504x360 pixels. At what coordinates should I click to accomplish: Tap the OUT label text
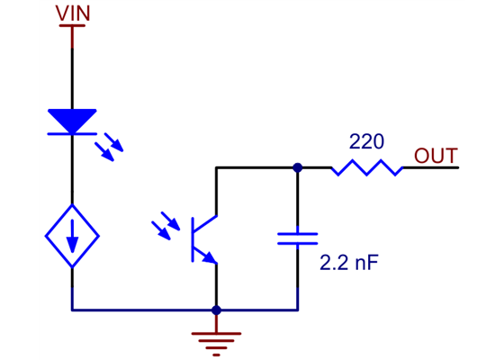[x=436, y=155]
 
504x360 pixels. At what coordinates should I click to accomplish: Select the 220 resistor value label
[x=366, y=142]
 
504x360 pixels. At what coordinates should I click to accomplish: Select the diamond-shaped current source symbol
[x=72, y=237]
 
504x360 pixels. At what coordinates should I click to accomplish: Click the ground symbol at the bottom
[x=216, y=340]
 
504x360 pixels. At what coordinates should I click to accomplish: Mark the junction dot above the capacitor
[x=297, y=167]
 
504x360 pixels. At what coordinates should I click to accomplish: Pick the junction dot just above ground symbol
[x=216, y=310]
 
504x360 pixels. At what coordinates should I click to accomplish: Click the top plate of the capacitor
[x=297, y=233]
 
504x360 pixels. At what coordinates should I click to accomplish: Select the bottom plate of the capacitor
[x=297, y=243]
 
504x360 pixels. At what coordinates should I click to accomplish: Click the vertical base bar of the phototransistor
[x=193, y=238]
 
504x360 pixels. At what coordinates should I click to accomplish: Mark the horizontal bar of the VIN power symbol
[x=72, y=25]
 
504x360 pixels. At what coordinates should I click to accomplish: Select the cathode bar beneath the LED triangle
[x=72, y=134]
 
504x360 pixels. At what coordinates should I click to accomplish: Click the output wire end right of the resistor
[x=454, y=167]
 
